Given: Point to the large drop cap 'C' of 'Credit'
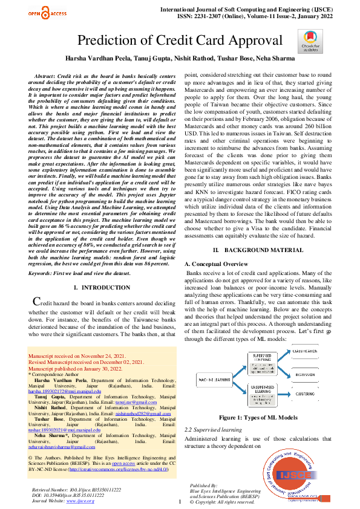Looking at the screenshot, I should pos(36,302).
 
